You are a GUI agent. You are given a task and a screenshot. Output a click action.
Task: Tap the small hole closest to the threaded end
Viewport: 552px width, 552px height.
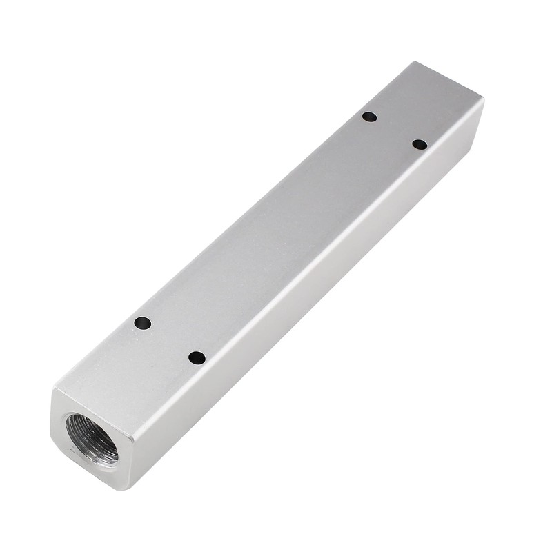[x=143, y=323]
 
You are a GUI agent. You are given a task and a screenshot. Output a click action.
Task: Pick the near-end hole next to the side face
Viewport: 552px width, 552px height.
[x=197, y=357]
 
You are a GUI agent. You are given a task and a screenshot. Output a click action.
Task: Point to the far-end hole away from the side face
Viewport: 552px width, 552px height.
[x=370, y=117]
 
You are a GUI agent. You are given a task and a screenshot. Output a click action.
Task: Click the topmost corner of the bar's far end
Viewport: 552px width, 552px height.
[x=413, y=62]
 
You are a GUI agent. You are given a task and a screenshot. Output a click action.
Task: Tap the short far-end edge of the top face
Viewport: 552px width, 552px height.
[x=448, y=81]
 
